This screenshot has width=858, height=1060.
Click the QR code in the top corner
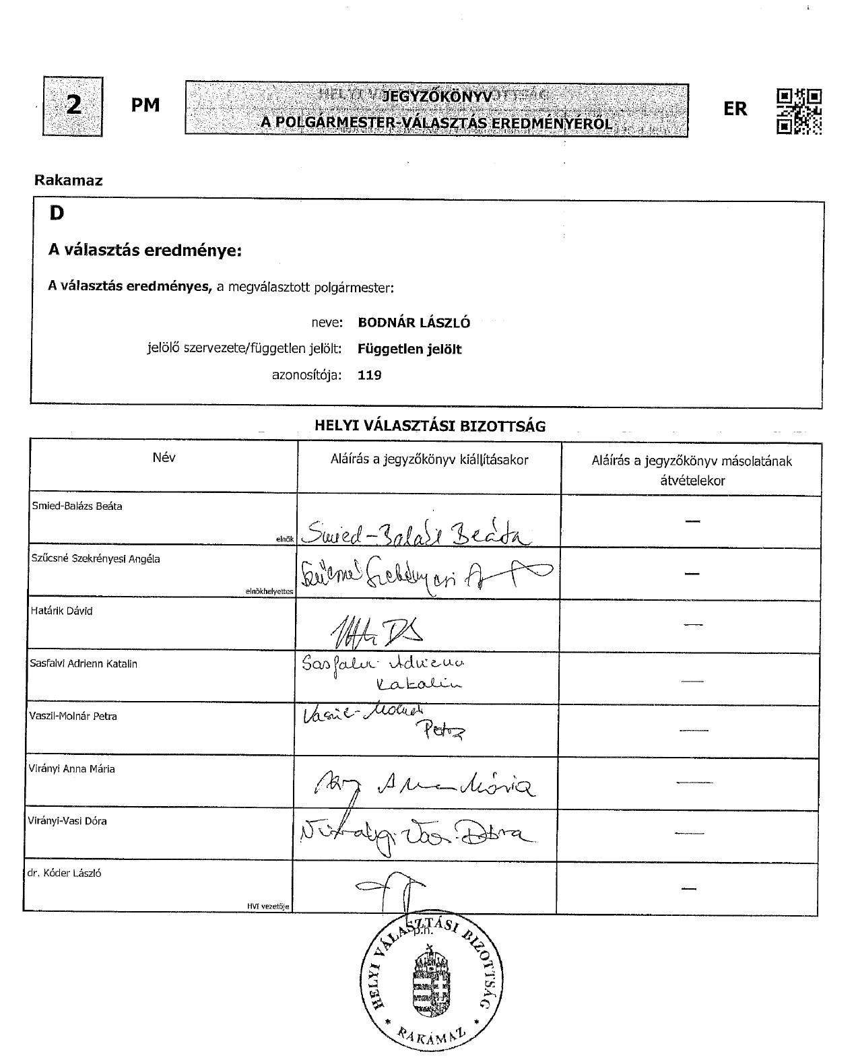pos(799,111)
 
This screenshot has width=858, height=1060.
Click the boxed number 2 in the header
pos(73,106)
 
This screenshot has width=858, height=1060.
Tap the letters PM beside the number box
pos(145,106)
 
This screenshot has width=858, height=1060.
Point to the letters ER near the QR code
pos(735,109)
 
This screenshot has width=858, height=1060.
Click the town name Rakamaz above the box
pos(68,180)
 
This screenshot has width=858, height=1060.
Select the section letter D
pos(57,213)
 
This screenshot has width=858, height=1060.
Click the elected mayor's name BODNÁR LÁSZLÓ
pos(414,323)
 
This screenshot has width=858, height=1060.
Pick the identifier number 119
pos(370,375)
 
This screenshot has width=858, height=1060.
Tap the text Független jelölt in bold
pos(409,349)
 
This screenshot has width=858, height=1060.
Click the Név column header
pos(164,457)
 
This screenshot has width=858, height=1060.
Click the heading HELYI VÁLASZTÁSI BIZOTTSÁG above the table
pos(430,426)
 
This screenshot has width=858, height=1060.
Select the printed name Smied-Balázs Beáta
pos(76,506)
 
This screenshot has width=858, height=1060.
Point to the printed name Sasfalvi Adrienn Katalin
pos(84,663)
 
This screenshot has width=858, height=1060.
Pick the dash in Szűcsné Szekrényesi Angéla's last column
pos(692,574)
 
